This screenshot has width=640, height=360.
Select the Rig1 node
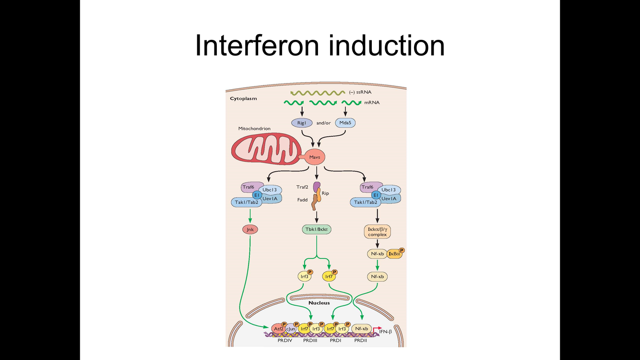click(301, 123)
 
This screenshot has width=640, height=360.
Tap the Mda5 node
click(345, 123)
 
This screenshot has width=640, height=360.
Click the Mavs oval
click(315, 157)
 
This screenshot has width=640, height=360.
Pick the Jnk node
click(250, 229)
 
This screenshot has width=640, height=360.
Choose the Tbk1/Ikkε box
click(317, 229)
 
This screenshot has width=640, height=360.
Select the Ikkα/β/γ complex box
click(377, 232)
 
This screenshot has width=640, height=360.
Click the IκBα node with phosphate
click(395, 254)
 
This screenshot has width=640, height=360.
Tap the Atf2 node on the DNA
click(278, 329)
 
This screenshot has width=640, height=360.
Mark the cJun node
click(291, 329)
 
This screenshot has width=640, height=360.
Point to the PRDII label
click(360, 340)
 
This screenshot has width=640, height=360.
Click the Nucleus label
click(319, 303)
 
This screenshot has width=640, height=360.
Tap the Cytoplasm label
click(243, 98)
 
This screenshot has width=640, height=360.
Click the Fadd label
click(302, 199)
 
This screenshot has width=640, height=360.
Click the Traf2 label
click(302, 187)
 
